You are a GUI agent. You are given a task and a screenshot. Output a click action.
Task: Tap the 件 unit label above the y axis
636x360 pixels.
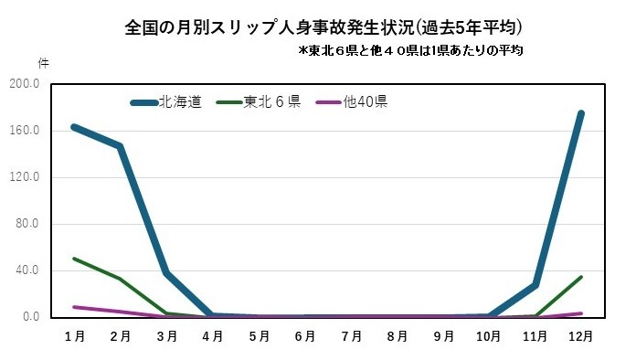(x=43, y=63)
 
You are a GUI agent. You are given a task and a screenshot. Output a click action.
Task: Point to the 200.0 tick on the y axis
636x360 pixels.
(x=25, y=84)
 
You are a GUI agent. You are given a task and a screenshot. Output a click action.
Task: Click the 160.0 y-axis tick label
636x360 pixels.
(x=25, y=131)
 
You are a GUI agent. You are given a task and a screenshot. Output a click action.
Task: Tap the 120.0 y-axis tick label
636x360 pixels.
(x=25, y=177)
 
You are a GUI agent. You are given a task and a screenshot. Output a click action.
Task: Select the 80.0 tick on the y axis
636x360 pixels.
(x=27, y=224)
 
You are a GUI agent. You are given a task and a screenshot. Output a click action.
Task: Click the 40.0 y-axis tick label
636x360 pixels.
(x=27, y=270)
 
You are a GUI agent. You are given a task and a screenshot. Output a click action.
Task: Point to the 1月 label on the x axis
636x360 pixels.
(x=75, y=336)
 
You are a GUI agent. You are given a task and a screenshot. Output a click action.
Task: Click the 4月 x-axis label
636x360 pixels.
(x=213, y=336)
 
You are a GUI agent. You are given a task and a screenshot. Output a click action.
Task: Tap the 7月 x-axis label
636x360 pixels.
(x=351, y=336)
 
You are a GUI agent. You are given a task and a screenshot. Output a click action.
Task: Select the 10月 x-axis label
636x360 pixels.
(x=489, y=336)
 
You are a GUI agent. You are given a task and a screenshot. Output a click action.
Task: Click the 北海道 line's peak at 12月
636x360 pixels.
(x=581, y=113)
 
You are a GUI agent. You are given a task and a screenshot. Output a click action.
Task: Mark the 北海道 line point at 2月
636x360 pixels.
(x=120, y=146)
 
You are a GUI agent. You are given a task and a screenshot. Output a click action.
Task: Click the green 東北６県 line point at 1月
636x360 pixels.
(x=74, y=259)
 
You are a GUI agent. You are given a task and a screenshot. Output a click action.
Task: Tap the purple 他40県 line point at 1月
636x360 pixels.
(x=74, y=307)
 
